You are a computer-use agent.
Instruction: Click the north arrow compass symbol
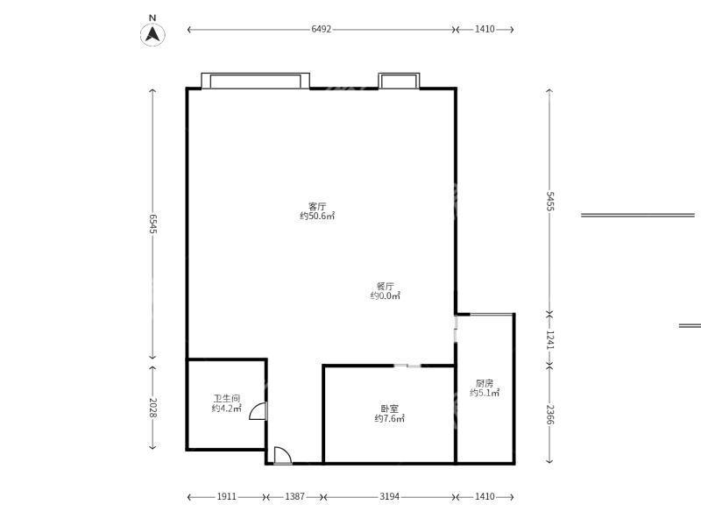pos(152,34)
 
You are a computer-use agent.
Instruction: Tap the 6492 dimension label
pos(321,29)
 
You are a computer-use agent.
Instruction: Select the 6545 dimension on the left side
pos(152,224)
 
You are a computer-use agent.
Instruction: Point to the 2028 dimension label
pos(152,408)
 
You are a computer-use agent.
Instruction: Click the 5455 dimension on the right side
pos(550,202)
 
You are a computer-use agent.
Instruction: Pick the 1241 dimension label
pos(550,340)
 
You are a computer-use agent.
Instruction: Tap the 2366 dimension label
pos(550,415)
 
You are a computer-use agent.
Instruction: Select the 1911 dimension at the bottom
pos(227,496)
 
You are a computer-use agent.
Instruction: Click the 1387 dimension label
pos(294,496)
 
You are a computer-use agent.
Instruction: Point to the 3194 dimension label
pos(389,496)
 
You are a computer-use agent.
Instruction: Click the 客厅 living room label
pos(317,206)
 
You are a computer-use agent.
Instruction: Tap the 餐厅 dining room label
pos(385,287)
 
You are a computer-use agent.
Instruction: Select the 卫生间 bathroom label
pos(227,398)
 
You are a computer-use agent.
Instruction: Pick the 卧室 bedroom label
pos(389,409)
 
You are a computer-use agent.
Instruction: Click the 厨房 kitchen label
pos(485,383)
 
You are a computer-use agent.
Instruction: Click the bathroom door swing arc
pos(252,408)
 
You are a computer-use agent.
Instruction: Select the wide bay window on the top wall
pos(255,81)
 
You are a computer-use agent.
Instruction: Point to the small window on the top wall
pos(399,81)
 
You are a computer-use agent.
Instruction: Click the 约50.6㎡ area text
pos(317,216)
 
